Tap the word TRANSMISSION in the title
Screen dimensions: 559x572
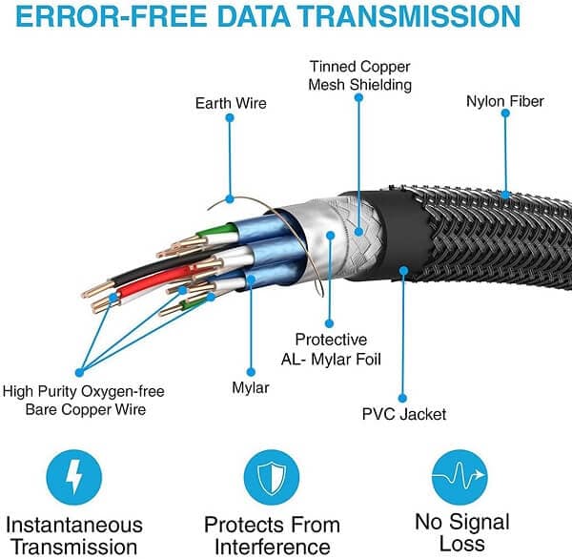pos(420,18)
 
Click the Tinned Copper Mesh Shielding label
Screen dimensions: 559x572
pos(360,75)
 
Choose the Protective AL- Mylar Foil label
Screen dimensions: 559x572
pos(331,348)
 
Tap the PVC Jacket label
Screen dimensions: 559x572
pos(403,414)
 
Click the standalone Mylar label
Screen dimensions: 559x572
pos(251,388)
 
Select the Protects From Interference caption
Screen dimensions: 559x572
pos(272,534)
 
